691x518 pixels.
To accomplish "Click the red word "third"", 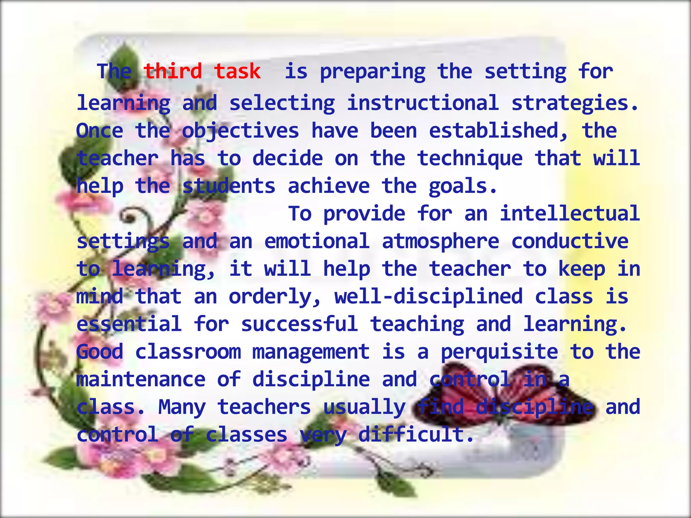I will point(173,71).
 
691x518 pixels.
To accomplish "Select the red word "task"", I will point(237,71).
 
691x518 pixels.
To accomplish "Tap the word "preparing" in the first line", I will point(372,72).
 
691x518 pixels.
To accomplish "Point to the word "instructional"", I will point(423,103).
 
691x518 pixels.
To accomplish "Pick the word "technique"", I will point(470,159).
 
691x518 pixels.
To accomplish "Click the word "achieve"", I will point(329,186).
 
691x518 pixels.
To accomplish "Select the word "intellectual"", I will point(570,213).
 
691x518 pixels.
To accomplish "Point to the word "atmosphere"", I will point(440,241).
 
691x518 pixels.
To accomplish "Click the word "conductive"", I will point(570,241).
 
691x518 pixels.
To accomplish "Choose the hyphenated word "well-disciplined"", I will point(429,296).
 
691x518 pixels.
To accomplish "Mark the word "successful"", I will point(299,324).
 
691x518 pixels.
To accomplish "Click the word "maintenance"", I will point(141,379).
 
